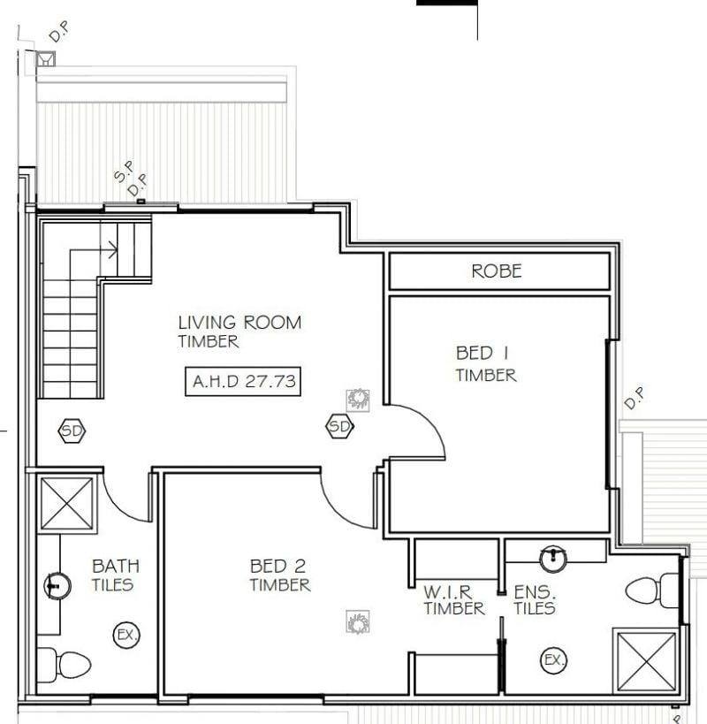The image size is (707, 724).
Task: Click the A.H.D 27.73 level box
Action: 243,381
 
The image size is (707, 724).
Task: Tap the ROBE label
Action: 497,271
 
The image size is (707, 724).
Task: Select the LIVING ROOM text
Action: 240,323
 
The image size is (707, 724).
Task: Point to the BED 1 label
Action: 482,354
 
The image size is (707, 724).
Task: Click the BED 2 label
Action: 277,566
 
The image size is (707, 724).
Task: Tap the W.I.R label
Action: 448,592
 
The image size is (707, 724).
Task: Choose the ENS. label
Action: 535,592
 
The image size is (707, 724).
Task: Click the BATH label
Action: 116,566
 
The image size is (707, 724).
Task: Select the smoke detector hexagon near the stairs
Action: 72,431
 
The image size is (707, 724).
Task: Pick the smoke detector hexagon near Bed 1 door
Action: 340,426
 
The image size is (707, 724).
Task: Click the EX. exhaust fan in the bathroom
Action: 126,635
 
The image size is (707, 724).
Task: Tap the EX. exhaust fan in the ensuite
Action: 554,659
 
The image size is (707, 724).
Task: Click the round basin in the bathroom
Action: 57,585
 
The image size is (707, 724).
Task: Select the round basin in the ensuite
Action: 553,560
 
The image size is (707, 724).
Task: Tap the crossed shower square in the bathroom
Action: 67,503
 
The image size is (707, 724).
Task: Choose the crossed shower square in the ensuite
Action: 647,660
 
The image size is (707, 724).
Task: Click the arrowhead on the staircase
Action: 113,250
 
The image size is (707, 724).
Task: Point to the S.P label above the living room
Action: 124,171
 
